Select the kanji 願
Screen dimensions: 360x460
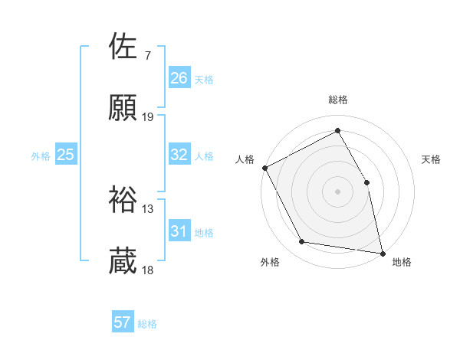coord(123,110)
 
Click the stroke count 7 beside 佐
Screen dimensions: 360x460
coord(147,55)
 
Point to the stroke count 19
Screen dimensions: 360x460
coord(148,117)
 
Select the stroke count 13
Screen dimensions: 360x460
coord(148,208)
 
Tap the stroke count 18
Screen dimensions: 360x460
coord(148,270)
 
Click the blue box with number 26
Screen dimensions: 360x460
coord(179,77)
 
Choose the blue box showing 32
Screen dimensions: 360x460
coord(179,155)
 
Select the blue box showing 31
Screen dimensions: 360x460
coord(179,231)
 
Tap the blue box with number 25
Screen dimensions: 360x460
coord(65,155)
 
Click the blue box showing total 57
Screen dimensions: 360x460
coord(122,322)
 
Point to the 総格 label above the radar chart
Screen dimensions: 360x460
coord(337,100)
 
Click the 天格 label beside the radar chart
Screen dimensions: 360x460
coord(432,159)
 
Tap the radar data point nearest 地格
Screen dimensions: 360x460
coord(382,252)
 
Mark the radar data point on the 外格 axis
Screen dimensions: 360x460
coord(302,242)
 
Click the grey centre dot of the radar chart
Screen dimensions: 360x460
coord(337,191)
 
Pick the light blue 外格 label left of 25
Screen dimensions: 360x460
coord(41,155)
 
